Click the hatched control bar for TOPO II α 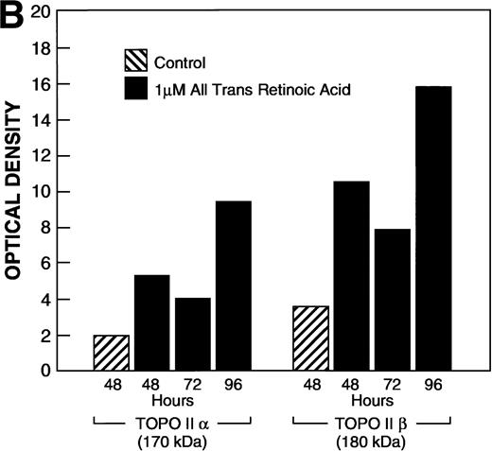(x=111, y=352)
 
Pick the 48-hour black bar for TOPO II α (x=152, y=321)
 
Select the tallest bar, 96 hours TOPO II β (x=432, y=228)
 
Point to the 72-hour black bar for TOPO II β (x=391, y=299)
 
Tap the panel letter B (x=12, y=15)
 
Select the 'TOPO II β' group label (x=370, y=423)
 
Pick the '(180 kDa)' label (x=370, y=440)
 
